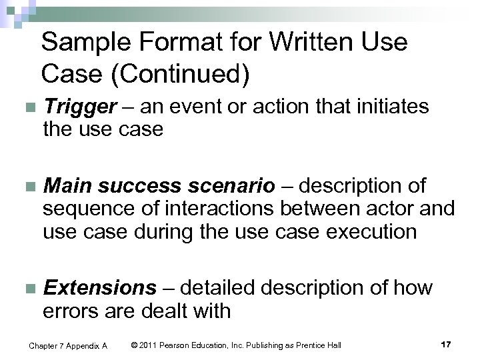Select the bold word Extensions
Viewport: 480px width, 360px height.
(x=99, y=288)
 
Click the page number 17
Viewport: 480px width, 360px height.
(x=446, y=344)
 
